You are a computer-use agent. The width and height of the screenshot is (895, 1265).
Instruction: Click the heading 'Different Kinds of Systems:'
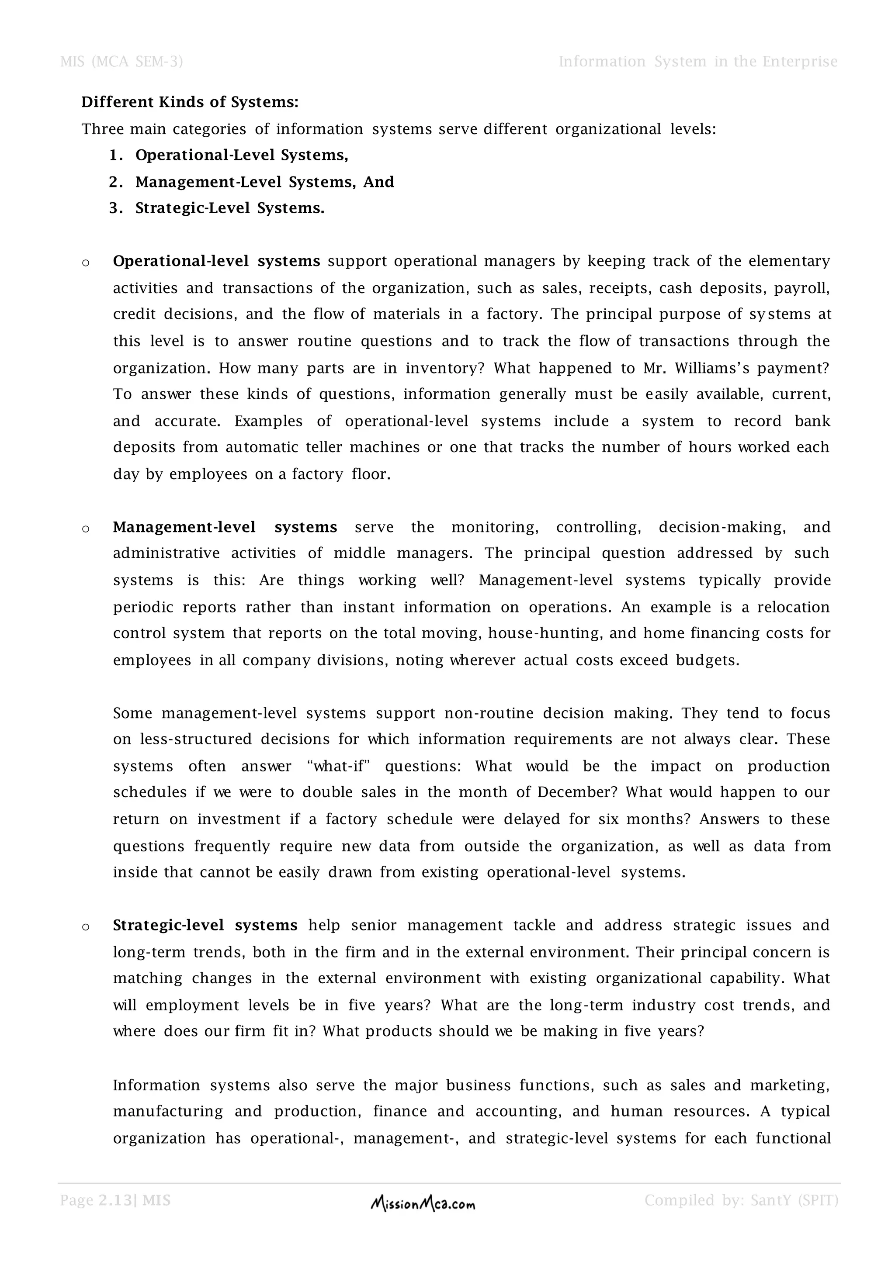click(190, 103)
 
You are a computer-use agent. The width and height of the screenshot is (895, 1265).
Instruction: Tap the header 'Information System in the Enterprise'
click(698, 62)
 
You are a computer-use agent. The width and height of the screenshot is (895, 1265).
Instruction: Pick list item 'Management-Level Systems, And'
click(264, 182)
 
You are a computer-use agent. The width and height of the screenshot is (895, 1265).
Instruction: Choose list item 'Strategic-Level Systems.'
click(230, 208)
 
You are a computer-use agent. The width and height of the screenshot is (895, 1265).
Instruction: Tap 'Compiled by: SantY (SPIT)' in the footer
click(741, 1200)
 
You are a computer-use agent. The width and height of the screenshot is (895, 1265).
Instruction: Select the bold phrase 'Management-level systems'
click(225, 527)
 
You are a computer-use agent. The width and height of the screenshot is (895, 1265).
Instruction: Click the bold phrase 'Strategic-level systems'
click(205, 926)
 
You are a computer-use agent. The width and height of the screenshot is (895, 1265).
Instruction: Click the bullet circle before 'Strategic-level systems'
click(85, 927)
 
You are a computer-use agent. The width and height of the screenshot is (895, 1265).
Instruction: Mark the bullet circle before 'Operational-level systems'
click(85, 263)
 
